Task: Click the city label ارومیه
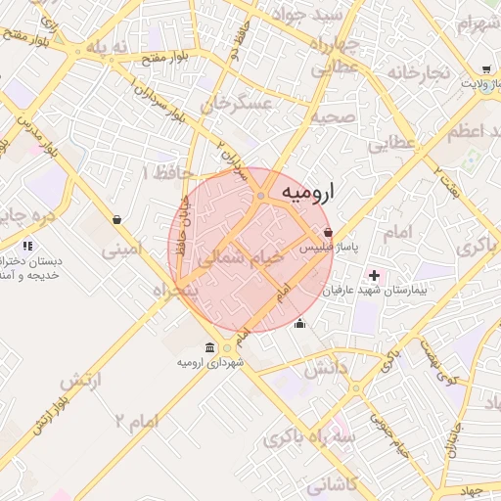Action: tap(307, 193)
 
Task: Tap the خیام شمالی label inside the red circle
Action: tap(240, 258)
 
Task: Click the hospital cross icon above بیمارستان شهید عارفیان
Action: tap(373, 275)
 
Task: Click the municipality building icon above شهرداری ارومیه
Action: tap(210, 347)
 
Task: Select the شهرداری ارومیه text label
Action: tap(210, 363)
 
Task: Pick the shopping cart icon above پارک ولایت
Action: tap(486, 69)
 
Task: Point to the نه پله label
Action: tap(109, 46)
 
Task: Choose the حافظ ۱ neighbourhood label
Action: tap(159, 172)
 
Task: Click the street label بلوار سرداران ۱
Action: tap(156, 102)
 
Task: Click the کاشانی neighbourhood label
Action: tap(333, 484)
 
